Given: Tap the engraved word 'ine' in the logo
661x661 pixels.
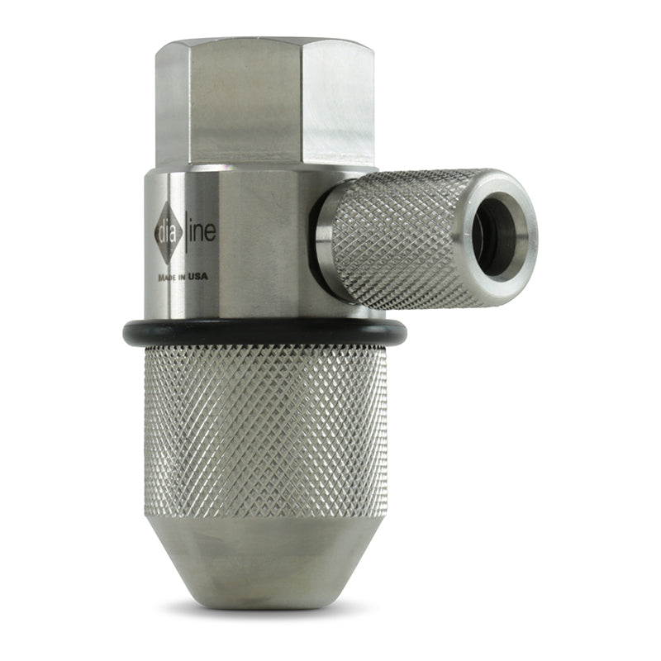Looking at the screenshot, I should click(202, 232).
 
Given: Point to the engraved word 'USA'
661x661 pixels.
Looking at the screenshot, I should click(197, 277).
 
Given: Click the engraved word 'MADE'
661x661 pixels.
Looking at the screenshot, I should click(166, 277).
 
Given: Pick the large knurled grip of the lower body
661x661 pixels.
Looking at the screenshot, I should click(264, 430).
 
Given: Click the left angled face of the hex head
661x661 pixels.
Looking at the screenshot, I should click(169, 103).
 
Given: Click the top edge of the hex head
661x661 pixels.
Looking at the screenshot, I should click(264, 41).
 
